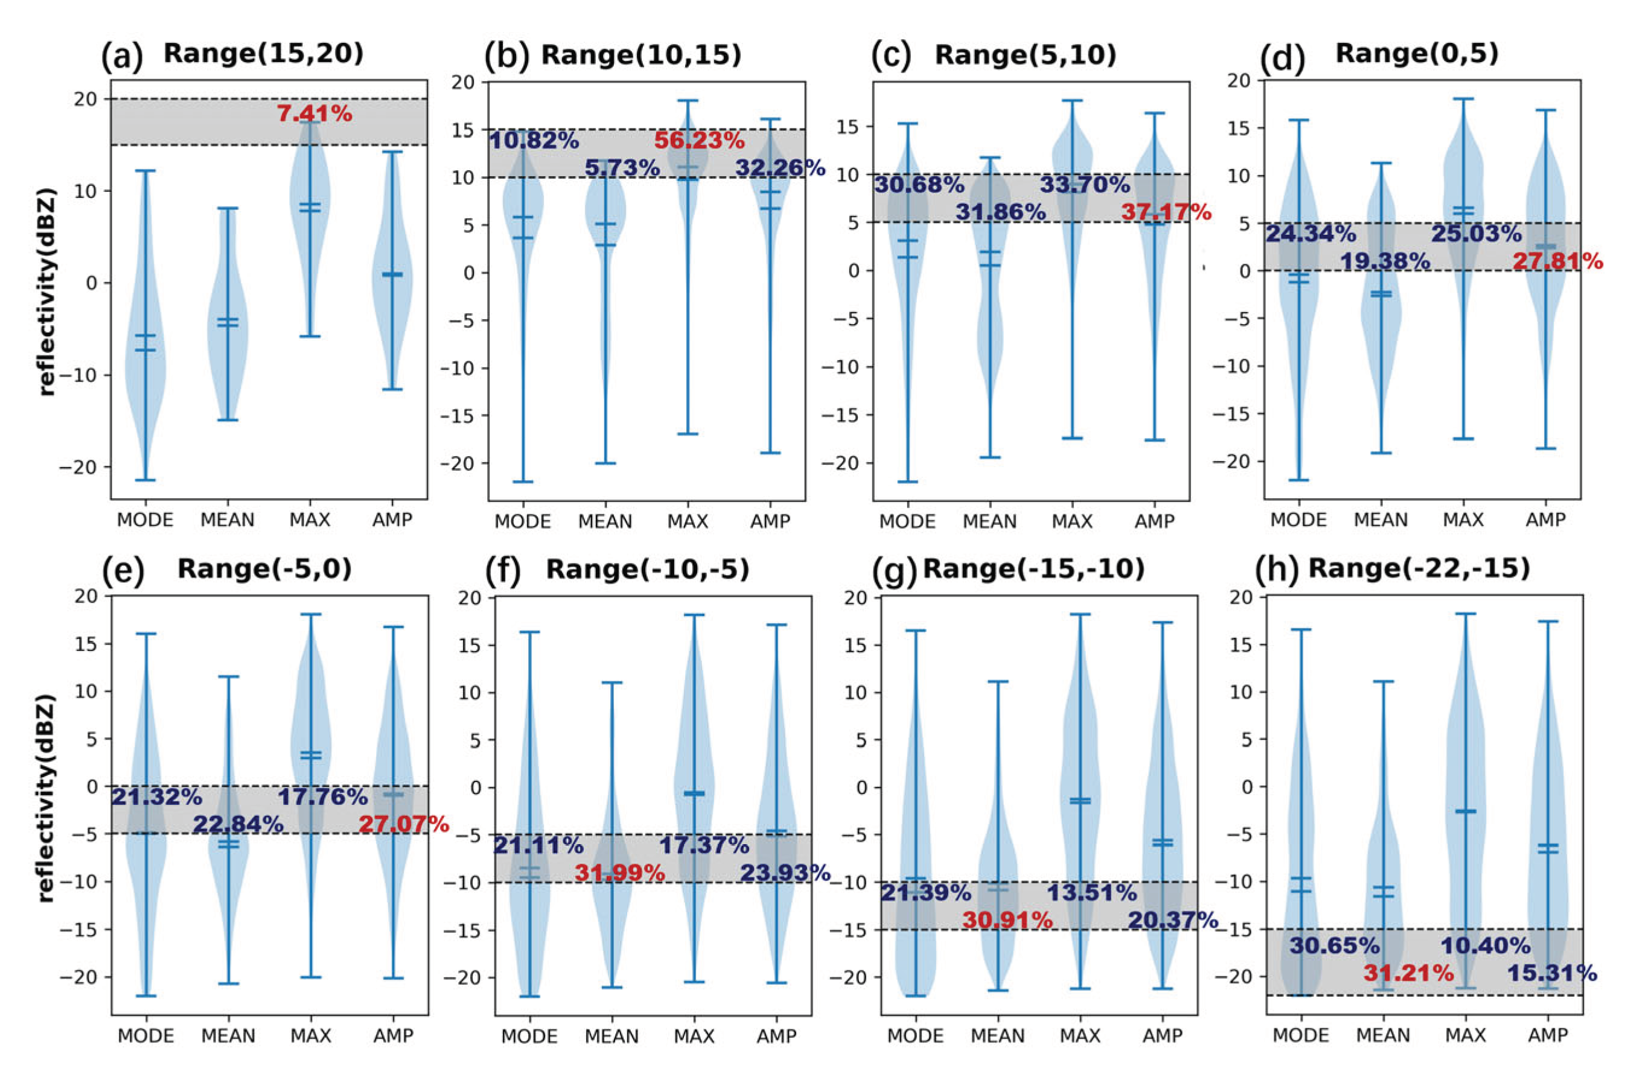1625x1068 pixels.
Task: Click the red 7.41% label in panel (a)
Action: point(314,113)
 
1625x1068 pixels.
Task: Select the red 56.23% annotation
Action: point(698,141)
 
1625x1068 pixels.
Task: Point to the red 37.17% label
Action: point(1166,212)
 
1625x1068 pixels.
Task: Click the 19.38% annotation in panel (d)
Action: point(1385,261)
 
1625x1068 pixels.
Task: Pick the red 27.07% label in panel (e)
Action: point(403,824)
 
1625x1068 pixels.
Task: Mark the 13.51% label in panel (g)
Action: point(1091,892)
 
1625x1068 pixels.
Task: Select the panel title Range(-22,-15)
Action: point(1419,568)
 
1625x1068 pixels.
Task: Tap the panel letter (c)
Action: point(891,57)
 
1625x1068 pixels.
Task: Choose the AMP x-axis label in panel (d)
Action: point(1546,520)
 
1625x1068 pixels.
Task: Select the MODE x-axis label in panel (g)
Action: point(915,1036)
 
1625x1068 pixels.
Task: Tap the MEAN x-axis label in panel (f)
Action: point(611,1036)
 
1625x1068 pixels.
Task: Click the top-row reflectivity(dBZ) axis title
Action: point(46,291)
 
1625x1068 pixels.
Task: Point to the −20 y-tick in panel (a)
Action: point(78,468)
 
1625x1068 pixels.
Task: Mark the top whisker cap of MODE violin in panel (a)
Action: point(145,171)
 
